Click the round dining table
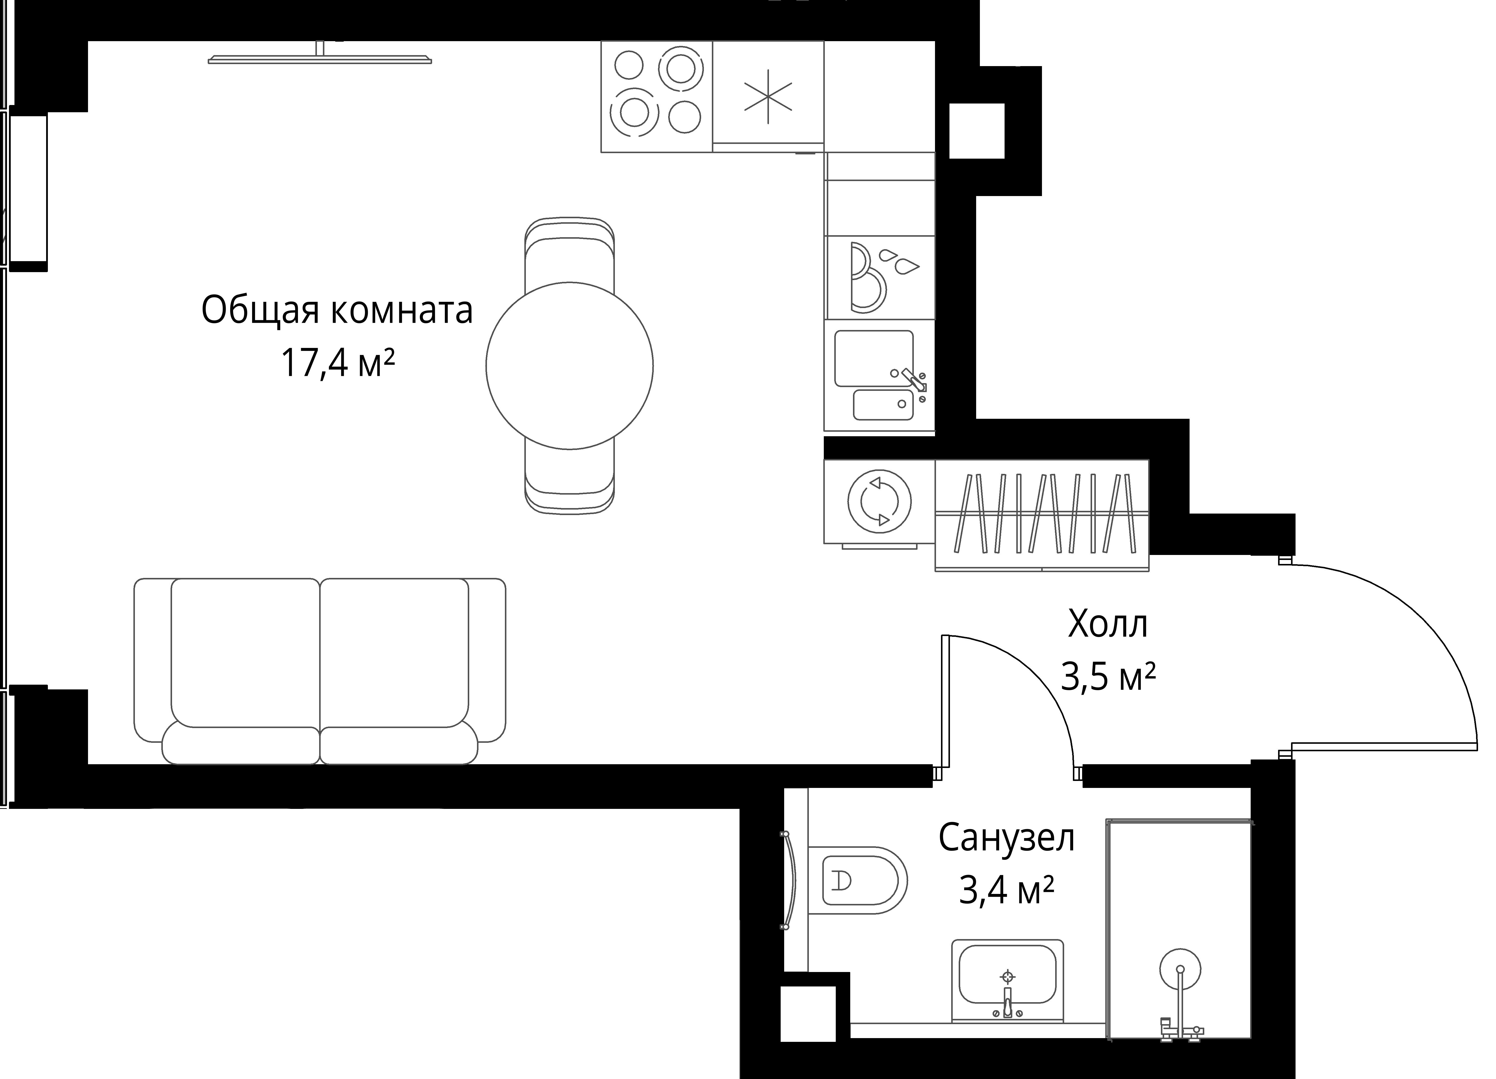click(x=569, y=366)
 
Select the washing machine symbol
click(x=879, y=502)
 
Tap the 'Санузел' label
click(x=1007, y=838)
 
